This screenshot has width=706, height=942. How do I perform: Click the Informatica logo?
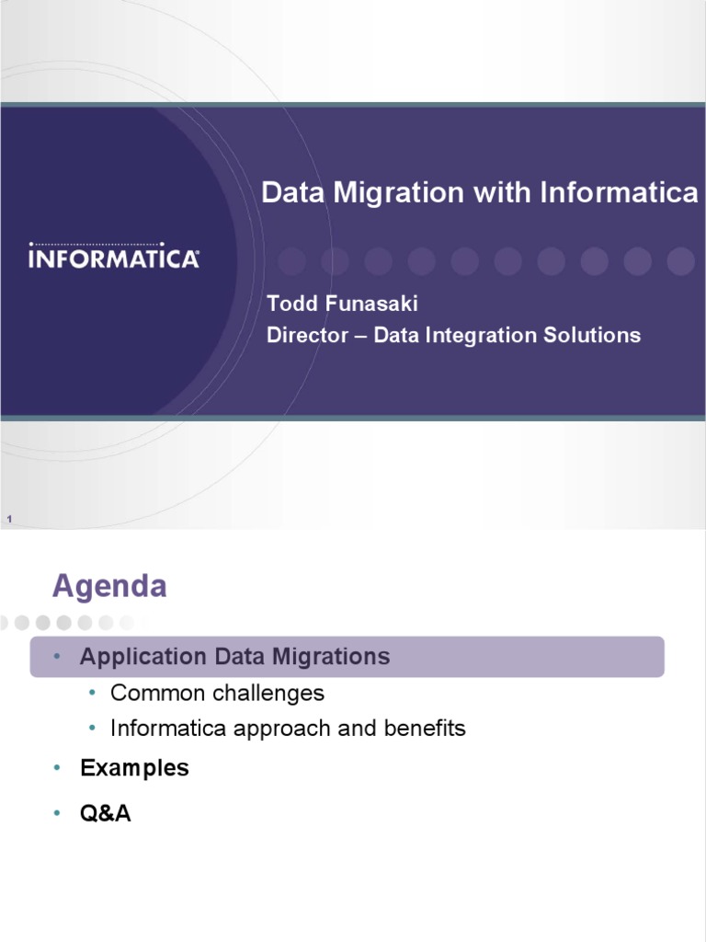(114, 257)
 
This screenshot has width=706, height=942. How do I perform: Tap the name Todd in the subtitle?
(289, 304)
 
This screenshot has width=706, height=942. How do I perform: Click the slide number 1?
(8, 521)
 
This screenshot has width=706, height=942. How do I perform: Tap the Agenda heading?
(109, 586)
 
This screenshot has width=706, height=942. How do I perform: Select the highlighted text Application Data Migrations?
(234, 657)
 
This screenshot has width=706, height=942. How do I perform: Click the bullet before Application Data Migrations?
(56, 657)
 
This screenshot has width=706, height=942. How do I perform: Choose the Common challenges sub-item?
(217, 693)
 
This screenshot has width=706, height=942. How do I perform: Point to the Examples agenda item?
(134, 768)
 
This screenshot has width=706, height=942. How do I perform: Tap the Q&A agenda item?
(106, 814)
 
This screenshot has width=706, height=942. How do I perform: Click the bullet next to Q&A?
(56, 814)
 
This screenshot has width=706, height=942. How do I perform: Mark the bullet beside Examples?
(56, 768)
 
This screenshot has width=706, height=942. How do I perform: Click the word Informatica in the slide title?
(619, 193)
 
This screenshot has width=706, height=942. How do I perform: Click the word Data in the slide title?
(290, 193)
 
